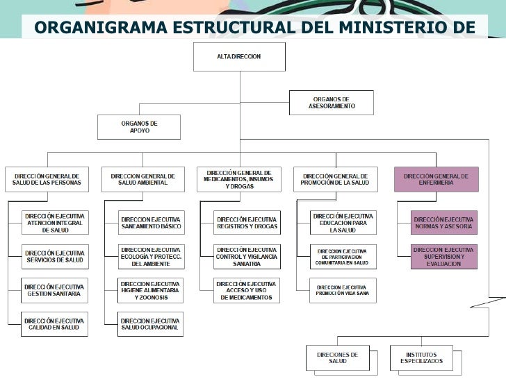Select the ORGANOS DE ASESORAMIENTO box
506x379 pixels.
coord(332,103)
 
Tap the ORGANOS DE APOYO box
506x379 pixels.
coord(139,127)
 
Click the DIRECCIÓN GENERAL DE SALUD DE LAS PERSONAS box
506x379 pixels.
coord(47,179)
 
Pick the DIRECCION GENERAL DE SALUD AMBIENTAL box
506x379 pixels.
coord(143,179)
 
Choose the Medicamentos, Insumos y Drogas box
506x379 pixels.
coord(239,179)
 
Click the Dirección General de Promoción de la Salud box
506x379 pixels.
coord(336,179)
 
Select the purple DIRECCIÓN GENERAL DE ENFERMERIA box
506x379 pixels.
coord(436,179)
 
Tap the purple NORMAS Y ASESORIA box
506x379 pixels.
coord(443,222)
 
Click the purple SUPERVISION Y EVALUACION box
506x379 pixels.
coord(443,255)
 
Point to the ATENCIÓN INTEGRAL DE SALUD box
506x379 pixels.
coord(55,222)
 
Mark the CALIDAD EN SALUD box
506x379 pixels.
coord(55,324)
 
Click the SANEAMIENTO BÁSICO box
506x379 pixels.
coord(151,222)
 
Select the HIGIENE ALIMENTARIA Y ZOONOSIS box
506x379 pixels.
coord(151,290)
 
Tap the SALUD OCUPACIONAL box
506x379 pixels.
coord(151,324)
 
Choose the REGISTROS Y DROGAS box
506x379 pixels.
coord(247,222)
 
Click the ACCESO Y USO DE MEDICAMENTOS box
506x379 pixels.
coord(247,290)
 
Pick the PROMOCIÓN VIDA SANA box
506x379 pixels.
coord(343,290)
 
